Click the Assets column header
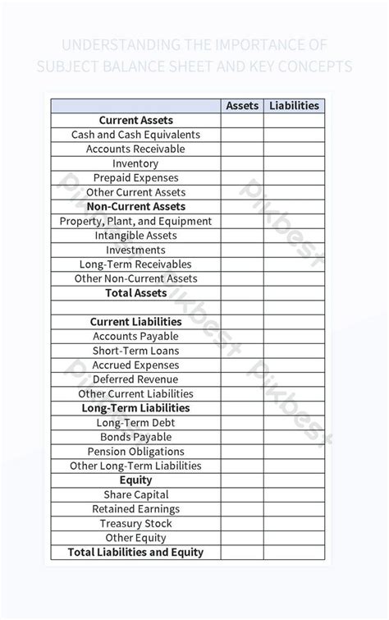242,106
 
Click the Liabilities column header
294,106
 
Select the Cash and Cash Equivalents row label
135,135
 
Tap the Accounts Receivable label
135,149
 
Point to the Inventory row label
135,163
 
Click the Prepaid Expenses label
135,177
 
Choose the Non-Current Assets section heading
135,207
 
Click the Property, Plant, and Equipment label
135,221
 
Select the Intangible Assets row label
135,236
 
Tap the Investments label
135,250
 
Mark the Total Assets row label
135,293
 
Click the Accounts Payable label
135,336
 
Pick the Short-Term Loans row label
135,351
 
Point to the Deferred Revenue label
135,379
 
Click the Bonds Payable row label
135,437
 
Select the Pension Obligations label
135,452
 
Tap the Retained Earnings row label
135,509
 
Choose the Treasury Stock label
135,523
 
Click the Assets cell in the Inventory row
242,163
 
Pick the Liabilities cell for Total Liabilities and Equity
294,553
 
